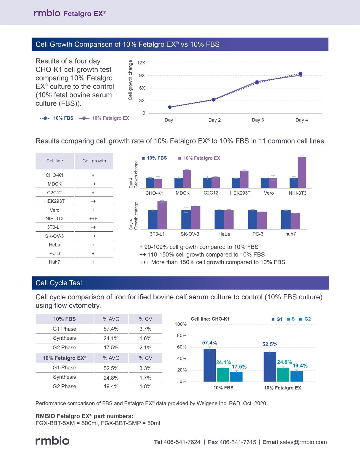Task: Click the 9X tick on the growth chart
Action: [142, 75]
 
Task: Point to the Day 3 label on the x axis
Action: [258, 120]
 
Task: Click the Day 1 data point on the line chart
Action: [170, 107]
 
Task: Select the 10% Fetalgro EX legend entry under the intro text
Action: [104, 118]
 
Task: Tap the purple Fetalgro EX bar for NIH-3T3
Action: [302, 172]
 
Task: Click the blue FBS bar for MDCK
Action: [179, 183]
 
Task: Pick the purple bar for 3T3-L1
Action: [162, 215]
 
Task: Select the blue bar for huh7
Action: [286, 220]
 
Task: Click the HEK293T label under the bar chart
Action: [240, 193]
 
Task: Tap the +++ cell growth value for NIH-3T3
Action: [93, 219]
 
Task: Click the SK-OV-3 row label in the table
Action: [54, 236]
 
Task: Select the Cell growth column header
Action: [94, 161]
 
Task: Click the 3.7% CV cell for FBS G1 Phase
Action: [145, 329]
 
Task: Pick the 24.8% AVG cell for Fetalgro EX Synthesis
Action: [111, 378]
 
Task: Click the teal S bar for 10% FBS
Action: [223, 375]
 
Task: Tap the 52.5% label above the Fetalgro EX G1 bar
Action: [270, 344]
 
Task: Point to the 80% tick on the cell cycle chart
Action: [182, 336]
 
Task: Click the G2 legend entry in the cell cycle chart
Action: [305, 319]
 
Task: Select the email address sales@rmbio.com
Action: [303, 442]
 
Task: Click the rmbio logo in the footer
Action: [52, 441]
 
